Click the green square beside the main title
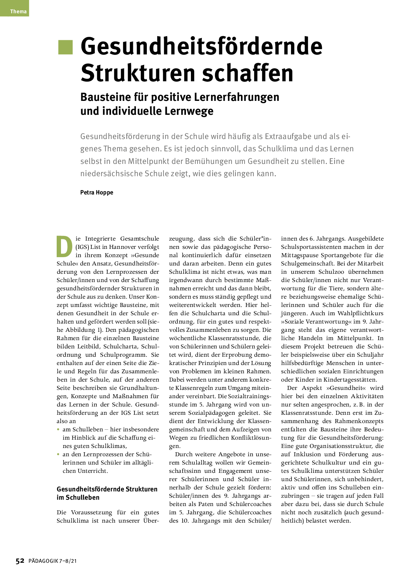[65, 47]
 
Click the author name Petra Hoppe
[96, 192]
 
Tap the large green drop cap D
[64, 247]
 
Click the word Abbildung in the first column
[80, 330]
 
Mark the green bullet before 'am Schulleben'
[58, 429]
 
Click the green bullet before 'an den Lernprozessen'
[58, 454]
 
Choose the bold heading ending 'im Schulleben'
[107, 493]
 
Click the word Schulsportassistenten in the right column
[312, 247]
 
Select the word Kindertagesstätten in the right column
[350, 380]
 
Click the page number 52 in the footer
[20, 561]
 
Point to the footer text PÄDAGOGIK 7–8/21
[53, 561]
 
